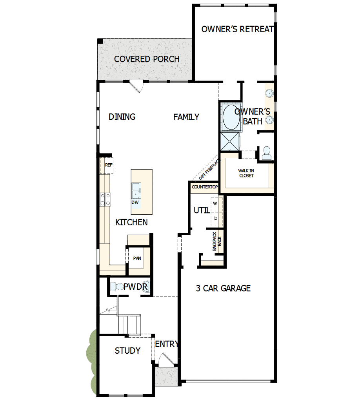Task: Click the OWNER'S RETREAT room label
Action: click(x=237, y=29)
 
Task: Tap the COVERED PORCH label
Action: click(x=147, y=59)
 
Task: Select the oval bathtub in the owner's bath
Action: click(x=231, y=117)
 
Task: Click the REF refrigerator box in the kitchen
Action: click(x=109, y=165)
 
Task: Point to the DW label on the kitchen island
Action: click(x=135, y=203)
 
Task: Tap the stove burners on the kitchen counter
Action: click(x=105, y=199)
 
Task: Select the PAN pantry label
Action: click(x=137, y=258)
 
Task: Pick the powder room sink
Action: click(x=146, y=287)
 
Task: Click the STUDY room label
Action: click(x=127, y=351)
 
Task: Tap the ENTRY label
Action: click(x=167, y=344)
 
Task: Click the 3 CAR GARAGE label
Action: click(x=223, y=289)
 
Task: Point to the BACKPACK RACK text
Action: click(x=217, y=241)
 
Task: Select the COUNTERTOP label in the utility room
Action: click(x=205, y=187)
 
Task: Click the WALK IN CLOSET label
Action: click(x=246, y=173)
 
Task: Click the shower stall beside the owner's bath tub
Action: click(x=230, y=141)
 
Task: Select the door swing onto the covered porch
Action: click(x=136, y=86)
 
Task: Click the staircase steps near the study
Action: click(x=129, y=324)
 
